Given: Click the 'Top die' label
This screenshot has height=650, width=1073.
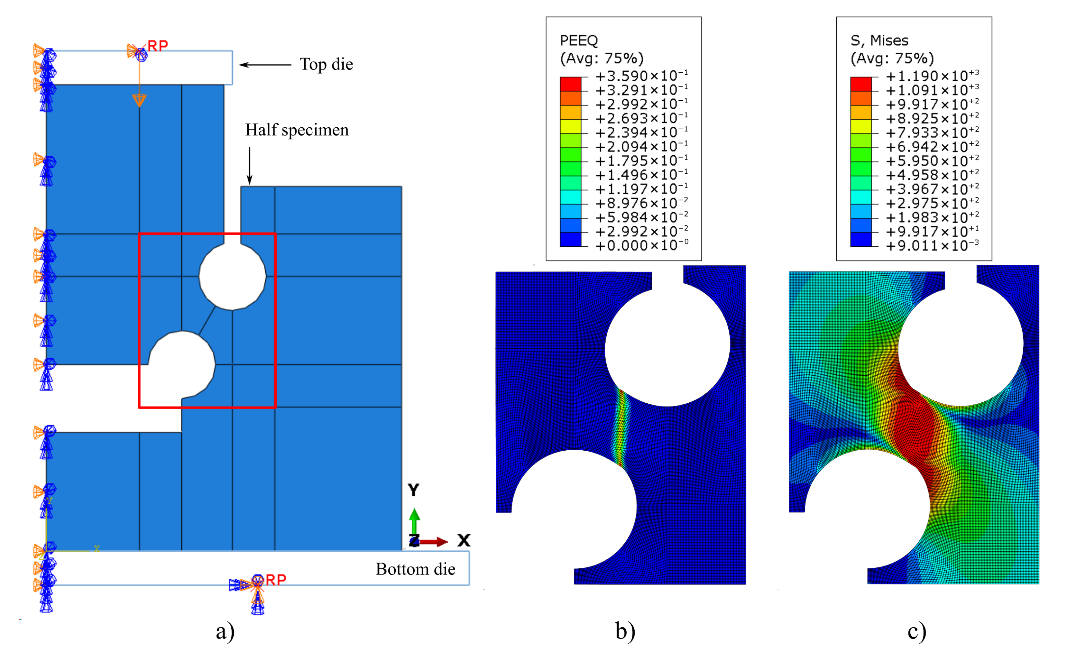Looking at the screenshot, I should pyautogui.click(x=326, y=64).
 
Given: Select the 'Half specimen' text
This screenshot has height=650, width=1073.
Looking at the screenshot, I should pyautogui.click(x=297, y=130).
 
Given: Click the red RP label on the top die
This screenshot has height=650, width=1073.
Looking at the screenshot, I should pyautogui.click(x=158, y=46).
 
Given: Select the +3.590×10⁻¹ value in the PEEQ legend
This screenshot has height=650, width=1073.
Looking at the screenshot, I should pyautogui.click(x=641, y=76).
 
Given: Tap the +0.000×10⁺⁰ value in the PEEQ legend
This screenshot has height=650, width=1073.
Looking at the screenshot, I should pyautogui.click(x=641, y=246).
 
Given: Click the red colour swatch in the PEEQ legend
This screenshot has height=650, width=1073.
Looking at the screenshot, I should pyautogui.click(x=570, y=84).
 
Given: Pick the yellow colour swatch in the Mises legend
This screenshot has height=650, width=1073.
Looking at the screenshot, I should pyautogui.click(x=861, y=126).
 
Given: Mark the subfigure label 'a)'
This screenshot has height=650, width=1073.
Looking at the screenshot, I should pyautogui.click(x=225, y=631).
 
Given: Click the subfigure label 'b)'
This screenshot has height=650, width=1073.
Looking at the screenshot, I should pyautogui.click(x=625, y=631).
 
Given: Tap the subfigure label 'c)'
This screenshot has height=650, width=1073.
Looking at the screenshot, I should pyautogui.click(x=917, y=631).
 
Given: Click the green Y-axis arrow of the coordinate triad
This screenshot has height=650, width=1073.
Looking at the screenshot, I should pyautogui.click(x=415, y=520).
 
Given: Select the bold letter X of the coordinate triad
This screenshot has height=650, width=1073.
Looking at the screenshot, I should pyautogui.click(x=464, y=540).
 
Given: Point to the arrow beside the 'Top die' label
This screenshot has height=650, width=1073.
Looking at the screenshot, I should pyautogui.click(x=265, y=65).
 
